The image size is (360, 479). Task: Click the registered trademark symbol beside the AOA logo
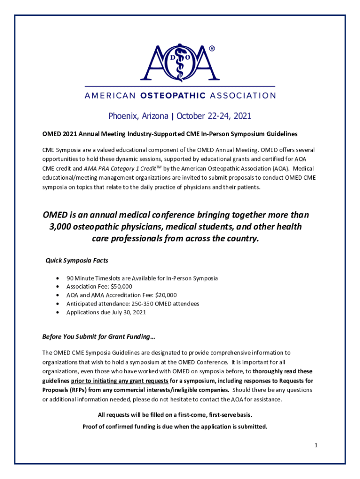tap(212, 49)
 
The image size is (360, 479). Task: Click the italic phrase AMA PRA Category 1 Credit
tap(123, 168)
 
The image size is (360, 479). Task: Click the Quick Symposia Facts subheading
tap(77, 261)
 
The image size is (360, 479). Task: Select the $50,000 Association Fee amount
tap(121, 286)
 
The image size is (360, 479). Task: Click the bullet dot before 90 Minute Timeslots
tap(57, 278)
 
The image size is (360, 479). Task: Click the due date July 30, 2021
tap(126, 312)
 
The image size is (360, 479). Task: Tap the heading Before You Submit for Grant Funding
tap(99, 336)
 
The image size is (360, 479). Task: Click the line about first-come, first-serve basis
tap(175, 415)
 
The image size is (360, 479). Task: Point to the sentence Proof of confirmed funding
tap(175, 426)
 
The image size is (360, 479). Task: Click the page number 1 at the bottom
tap(316, 445)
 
